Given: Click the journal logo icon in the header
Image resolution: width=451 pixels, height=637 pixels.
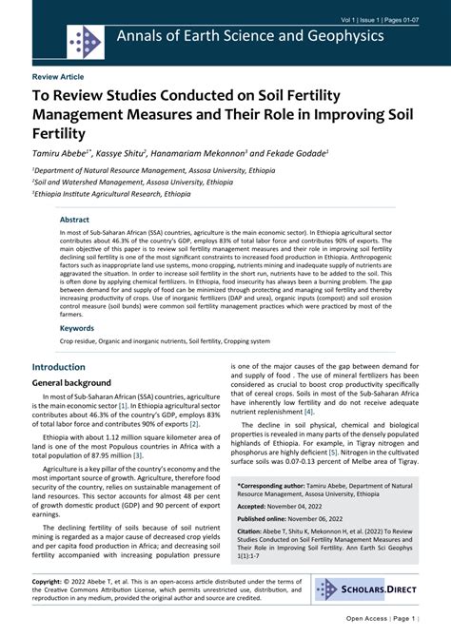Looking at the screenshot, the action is pos(85,41).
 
